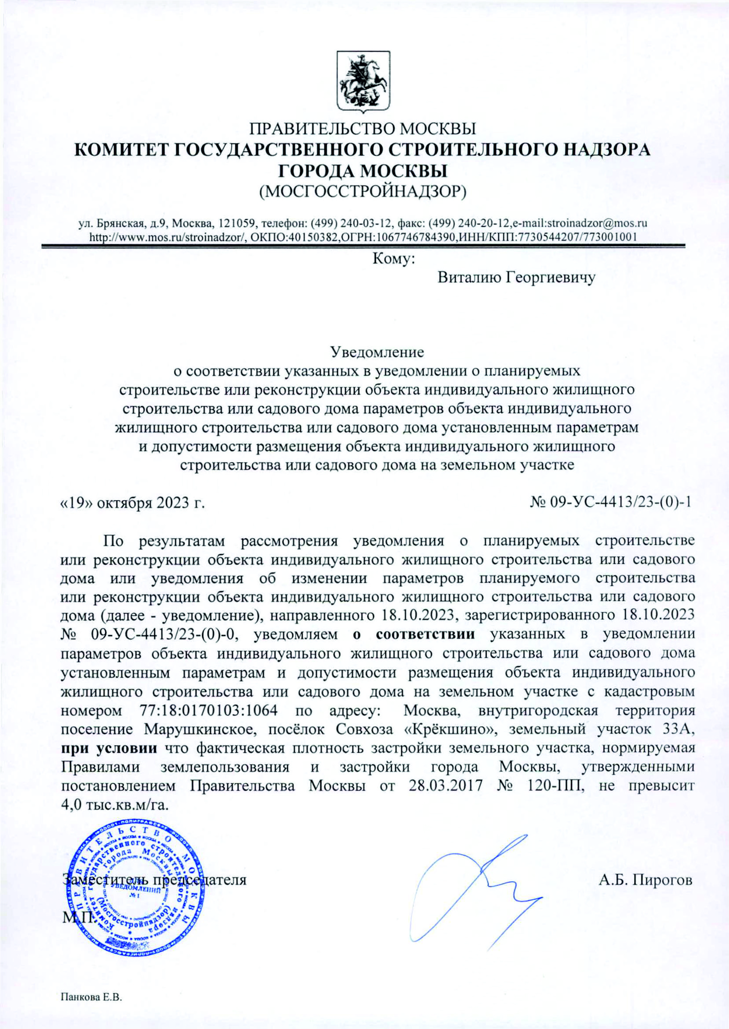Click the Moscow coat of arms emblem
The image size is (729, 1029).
point(363,81)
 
